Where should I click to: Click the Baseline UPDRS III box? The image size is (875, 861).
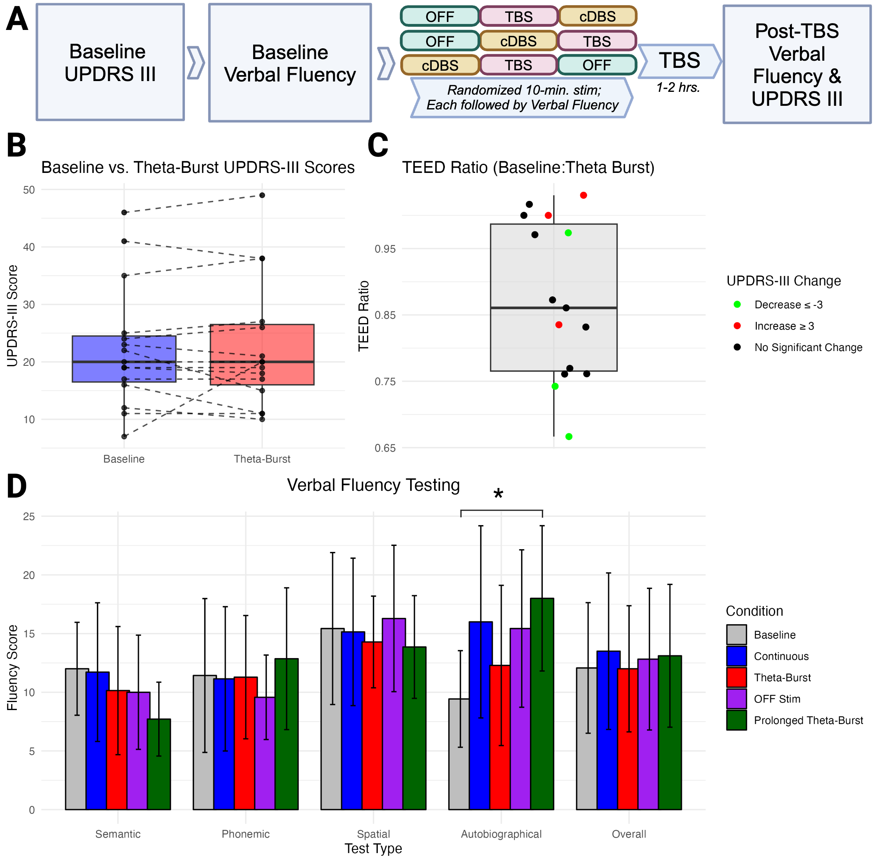pos(110,62)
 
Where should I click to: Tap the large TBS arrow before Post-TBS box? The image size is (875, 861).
pos(679,61)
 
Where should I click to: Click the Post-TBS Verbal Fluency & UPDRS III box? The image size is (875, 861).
pos(797,64)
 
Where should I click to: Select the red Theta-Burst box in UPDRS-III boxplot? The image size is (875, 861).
pos(262,355)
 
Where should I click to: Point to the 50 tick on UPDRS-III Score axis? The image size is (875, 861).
pos(29,190)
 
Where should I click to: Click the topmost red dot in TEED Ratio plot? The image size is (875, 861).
pos(583,195)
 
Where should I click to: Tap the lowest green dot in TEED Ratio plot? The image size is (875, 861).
pos(569,436)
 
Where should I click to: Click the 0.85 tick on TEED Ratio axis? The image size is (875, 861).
pos(385,315)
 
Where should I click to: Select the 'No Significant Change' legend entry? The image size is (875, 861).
pos(808,347)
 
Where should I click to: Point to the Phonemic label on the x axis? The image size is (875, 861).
pos(246,834)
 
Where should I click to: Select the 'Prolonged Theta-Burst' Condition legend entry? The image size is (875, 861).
pos(808,720)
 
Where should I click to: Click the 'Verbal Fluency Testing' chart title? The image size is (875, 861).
pos(373,485)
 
